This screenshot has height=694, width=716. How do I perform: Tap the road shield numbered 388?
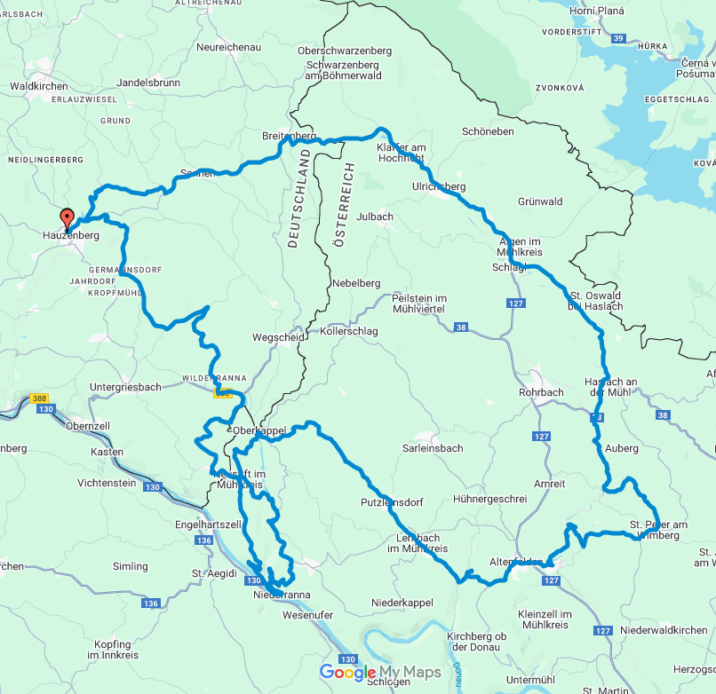pos(39,398)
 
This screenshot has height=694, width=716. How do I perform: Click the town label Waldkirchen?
pos(38,86)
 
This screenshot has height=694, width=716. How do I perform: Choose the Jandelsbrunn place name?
pos(148,83)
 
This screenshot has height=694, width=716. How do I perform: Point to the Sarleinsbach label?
pos(433,448)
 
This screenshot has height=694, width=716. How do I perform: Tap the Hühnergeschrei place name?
pos(489,499)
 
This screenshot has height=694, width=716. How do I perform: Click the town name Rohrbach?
pos(541,392)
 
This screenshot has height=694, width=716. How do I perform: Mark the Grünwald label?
pos(539,201)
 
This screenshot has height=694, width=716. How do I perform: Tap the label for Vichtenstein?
pos(107,484)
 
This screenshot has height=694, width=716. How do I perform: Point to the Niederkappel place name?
pos(402,603)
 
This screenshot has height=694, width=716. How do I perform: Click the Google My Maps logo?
pos(380,673)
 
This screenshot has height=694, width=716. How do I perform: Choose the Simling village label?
pos(130,566)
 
